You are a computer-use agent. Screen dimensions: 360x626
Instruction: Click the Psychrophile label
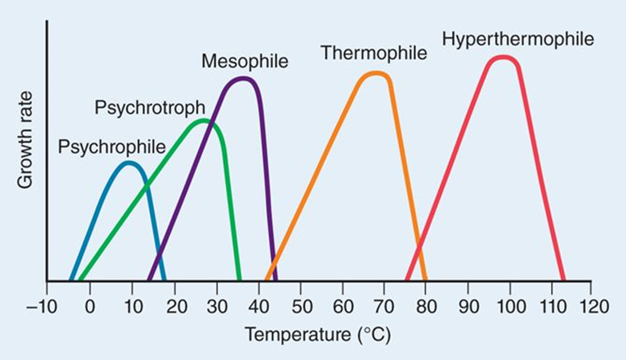coord(112,147)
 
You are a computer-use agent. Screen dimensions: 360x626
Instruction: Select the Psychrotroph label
coord(150,108)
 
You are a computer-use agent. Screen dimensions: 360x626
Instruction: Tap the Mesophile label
coord(245,61)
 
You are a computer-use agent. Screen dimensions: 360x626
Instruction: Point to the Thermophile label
coord(374,53)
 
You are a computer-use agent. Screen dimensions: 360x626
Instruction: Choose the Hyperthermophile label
coord(518,39)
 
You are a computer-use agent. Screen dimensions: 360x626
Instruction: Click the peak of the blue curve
coord(129,163)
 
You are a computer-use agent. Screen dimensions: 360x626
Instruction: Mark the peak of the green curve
coord(203,121)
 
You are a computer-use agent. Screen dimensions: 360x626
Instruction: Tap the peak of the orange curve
coord(376,73)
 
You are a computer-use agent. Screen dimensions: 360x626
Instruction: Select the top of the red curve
coord(503,57)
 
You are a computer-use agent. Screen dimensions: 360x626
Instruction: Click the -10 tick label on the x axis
coord(42,307)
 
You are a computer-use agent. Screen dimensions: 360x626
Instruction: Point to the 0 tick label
coord(90,307)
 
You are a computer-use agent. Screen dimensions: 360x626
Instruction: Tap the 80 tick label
coord(426,307)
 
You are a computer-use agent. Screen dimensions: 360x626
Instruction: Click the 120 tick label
coord(594,307)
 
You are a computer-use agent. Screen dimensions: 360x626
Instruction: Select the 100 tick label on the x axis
coord(511,307)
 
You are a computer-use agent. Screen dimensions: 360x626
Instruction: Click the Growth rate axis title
coord(25,140)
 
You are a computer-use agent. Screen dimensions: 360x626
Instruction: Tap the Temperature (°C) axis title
coord(318,335)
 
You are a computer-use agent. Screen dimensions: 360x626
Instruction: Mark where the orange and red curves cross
coord(419,249)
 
